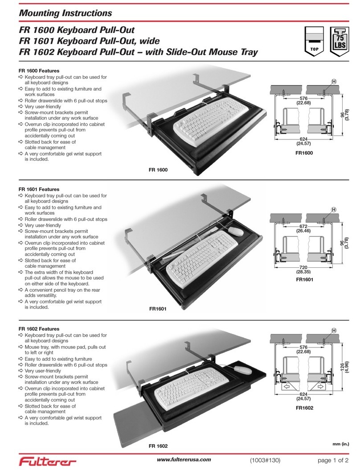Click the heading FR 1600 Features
(x=39, y=70)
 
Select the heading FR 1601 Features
(x=39, y=189)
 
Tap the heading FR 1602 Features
(x=39, y=329)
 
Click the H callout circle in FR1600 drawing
(x=333, y=81)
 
